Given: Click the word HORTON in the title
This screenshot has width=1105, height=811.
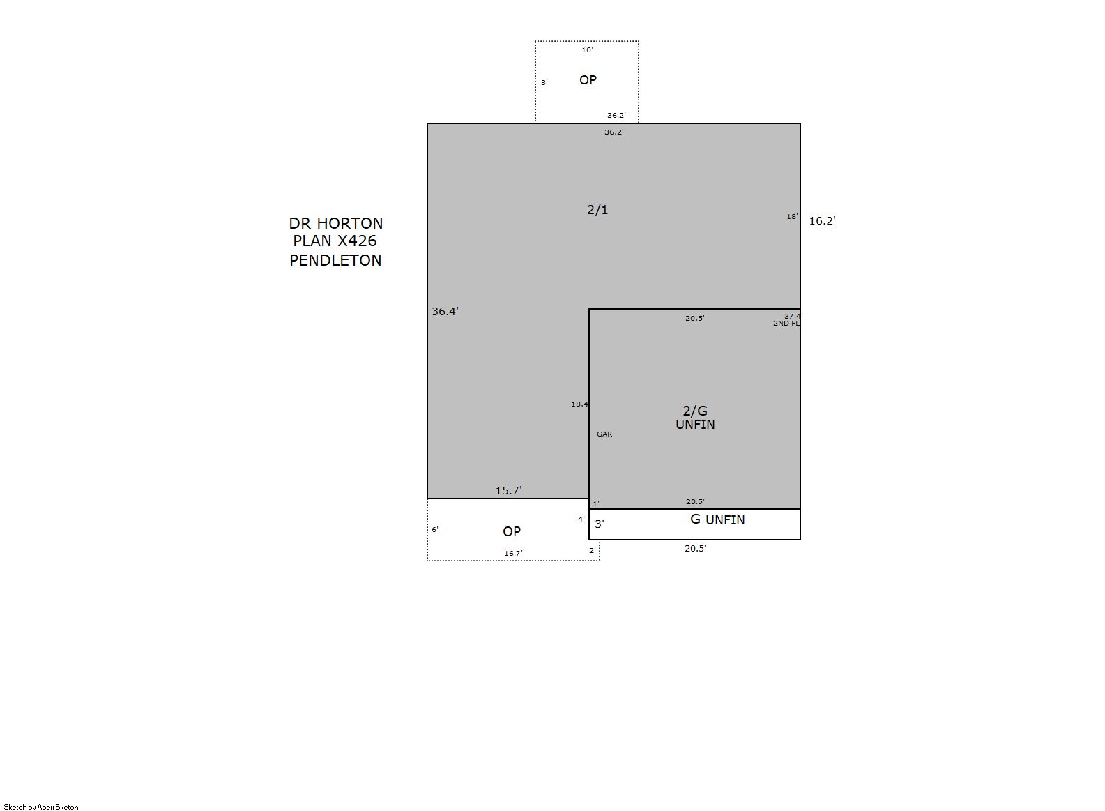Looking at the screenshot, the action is [x=350, y=223].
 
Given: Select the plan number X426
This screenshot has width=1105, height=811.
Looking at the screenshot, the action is [x=357, y=241].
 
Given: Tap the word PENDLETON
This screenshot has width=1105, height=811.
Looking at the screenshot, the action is [x=335, y=261].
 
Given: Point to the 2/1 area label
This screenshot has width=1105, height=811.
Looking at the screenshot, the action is [x=597, y=210].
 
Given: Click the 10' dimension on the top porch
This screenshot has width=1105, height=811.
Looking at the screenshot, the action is [x=587, y=50].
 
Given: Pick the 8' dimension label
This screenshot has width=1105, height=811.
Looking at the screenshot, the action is [x=544, y=82].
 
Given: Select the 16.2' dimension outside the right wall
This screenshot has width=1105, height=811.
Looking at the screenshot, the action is [x=823, y=220].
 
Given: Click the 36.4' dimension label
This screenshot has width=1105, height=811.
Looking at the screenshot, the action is [x=445, y=311].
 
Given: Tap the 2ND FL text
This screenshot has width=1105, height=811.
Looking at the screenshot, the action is [x=786, y=324].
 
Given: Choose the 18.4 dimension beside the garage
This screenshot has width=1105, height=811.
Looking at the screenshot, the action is [x=579, y=404].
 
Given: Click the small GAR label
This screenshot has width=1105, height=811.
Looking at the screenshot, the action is [x=604, y=434].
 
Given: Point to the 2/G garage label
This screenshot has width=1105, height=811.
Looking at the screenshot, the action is [x=695, y=411].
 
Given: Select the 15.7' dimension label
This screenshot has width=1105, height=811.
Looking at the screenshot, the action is [x=509, y=490].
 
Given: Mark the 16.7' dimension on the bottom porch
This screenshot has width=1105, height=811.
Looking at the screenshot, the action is [x=513, y=554].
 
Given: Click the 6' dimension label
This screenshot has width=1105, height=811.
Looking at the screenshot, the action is [x=434, y=530].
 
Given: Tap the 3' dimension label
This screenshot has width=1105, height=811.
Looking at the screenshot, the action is [x=600, y=524].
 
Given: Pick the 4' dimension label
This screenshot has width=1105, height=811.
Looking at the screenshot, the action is [x=581, y=519].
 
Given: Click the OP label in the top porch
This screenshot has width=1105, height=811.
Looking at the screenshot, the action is [x=588, y=80].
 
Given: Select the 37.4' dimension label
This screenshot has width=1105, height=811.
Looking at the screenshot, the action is [x=793, y=316].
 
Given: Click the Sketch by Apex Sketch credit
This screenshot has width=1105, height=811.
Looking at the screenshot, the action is [x=41, y=807].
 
